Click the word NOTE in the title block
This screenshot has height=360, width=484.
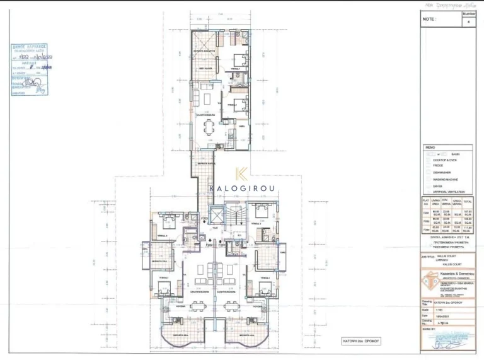(429, 20)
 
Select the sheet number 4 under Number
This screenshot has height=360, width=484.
(469, 21)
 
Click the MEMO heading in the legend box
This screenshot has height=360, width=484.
(430, 148)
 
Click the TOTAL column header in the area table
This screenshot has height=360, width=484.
(468, 202)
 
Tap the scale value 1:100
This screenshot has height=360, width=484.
(447, 307)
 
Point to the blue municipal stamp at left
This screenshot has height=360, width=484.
(30, 69)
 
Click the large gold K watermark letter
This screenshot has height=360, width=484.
(241, 174)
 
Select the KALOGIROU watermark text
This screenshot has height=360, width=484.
(241, 187)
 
